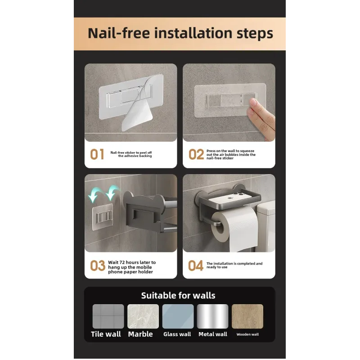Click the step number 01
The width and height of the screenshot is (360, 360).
97,154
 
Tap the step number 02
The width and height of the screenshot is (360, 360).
196,154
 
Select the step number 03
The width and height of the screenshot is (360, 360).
98,265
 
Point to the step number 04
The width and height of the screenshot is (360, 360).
196,265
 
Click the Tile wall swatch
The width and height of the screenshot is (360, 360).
108,316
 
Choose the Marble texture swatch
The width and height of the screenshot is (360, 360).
143,316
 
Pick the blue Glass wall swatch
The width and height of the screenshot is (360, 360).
178,316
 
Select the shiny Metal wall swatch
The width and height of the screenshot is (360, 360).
212,316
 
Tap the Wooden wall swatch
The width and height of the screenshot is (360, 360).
247,316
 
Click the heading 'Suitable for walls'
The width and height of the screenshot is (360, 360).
178,296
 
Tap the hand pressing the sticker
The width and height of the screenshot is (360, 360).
262,117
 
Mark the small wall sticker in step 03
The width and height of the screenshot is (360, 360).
103,217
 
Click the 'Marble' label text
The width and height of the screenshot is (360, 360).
140,334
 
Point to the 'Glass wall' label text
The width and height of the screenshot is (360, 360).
177,334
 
